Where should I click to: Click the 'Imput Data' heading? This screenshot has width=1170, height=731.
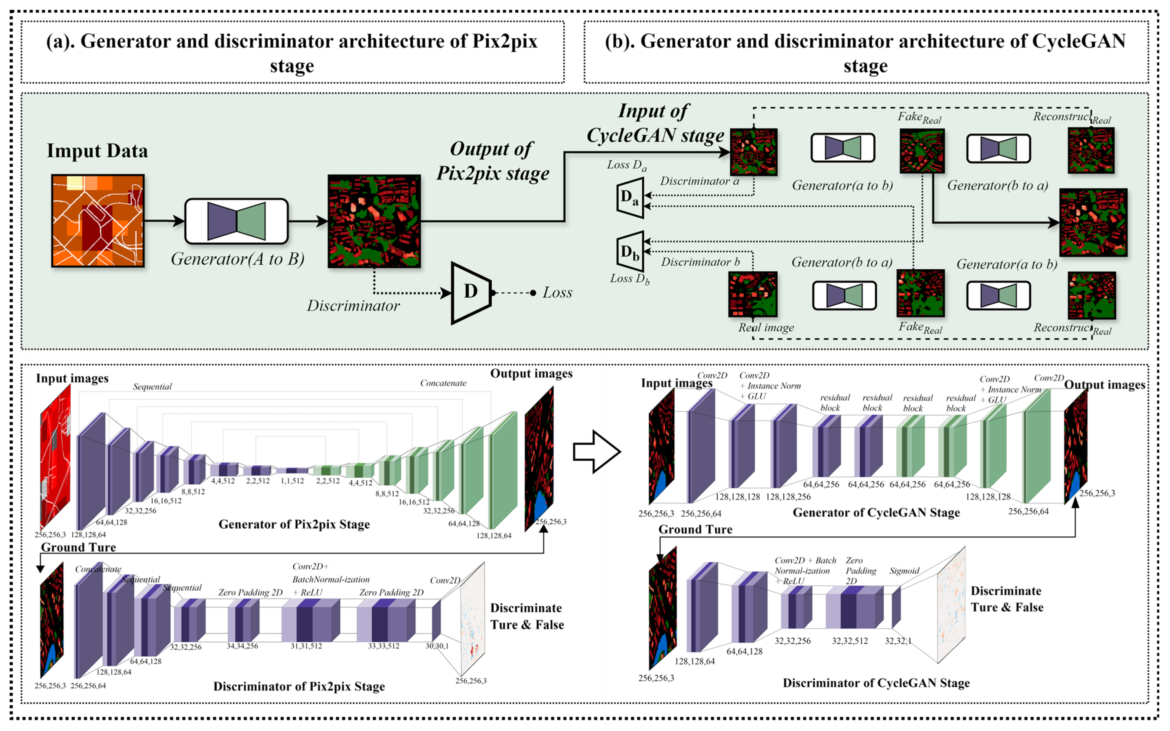97,151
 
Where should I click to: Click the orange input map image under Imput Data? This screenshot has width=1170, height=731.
98,221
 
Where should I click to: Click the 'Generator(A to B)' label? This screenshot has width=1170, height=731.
237,259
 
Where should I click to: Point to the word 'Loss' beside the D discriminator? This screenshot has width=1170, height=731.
557,292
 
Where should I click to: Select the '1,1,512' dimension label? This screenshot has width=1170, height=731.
292,481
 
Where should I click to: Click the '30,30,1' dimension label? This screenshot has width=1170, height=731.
437,646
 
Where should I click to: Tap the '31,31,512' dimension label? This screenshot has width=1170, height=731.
306,646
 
